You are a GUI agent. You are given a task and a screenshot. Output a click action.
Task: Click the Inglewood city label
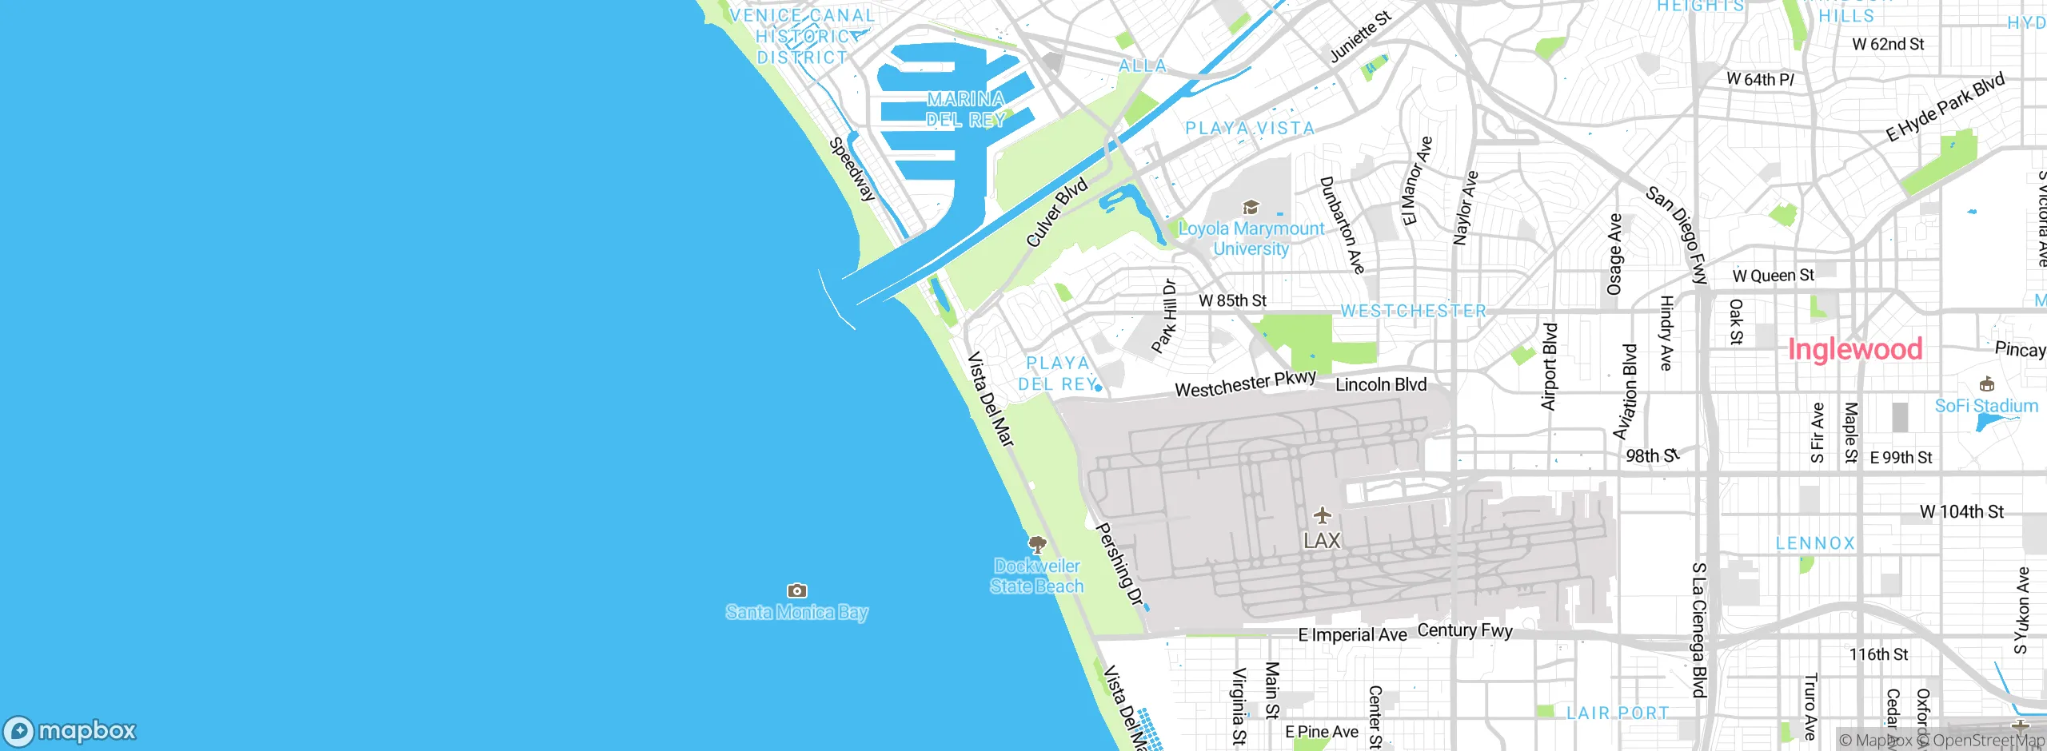1854,349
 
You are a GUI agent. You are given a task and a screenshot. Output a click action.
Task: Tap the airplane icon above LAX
1323,515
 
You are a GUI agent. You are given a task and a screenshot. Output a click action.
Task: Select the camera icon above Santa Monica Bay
796,590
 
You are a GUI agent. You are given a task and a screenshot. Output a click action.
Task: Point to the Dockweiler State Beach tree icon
1037,546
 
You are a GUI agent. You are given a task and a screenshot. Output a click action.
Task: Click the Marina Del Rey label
966,109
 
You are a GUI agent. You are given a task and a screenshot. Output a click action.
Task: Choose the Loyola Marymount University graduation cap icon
1251,208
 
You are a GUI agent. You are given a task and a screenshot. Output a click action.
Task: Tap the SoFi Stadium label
1986,406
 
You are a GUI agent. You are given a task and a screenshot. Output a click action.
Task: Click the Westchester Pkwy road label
1245,384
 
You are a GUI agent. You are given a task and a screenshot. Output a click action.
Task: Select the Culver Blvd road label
1056,212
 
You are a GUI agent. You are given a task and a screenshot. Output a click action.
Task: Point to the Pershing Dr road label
1119,565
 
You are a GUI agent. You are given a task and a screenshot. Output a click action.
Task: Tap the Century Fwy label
1465,630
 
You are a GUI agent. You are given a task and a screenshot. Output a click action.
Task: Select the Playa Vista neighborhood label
1250,129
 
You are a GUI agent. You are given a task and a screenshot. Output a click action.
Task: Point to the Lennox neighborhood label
1815,543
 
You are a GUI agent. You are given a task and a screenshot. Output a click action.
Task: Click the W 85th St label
1232,300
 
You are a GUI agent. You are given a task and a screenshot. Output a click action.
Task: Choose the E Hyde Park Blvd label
1945,107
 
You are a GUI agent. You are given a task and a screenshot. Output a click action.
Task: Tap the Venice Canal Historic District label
802,37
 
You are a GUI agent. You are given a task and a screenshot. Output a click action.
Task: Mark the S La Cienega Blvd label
1699,630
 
